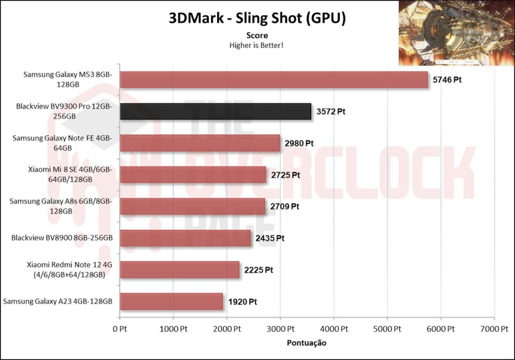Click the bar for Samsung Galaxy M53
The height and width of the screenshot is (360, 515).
(274, 80)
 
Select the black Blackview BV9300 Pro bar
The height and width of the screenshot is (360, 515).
(215, 111)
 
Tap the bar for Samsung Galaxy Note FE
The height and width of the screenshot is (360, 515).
(200, 143)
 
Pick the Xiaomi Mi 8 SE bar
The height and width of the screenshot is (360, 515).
(193, 174)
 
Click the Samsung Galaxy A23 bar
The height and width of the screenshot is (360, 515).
(171, 301)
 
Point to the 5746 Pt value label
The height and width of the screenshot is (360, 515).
(447, 79)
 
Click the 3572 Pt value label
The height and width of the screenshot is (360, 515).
(330, 112)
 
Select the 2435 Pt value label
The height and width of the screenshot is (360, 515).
(270, 238)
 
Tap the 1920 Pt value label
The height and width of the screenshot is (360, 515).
(242, 302)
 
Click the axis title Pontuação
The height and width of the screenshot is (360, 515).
(306, 343)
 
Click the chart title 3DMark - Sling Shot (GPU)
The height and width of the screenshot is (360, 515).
(257, 19)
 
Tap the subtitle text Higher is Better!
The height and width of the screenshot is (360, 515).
(256, 45)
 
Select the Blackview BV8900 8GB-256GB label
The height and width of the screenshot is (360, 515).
(61, 238)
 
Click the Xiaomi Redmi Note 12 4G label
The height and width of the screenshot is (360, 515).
(66, 269)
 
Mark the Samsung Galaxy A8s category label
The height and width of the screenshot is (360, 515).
(60, 206)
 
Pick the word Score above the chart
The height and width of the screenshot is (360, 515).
(256, 35)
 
